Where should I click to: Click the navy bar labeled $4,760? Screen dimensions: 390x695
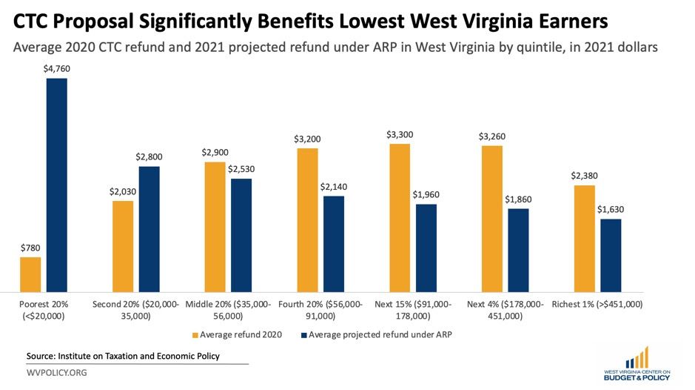pos(56,185)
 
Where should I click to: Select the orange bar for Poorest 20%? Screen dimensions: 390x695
pos(30,274)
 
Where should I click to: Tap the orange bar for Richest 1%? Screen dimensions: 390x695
pos(585,239)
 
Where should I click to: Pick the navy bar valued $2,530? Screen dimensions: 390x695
pos(241,235)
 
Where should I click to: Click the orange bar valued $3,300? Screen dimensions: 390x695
pos(400,218)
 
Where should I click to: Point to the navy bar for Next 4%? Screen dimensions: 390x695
pos(519,251)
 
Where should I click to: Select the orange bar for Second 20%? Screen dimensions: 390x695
pos(123,246)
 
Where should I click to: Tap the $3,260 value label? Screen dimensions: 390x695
pos(492,136)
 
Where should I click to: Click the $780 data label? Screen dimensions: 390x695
pos(30,248)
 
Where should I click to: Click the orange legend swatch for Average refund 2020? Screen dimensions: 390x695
pos(195,334)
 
